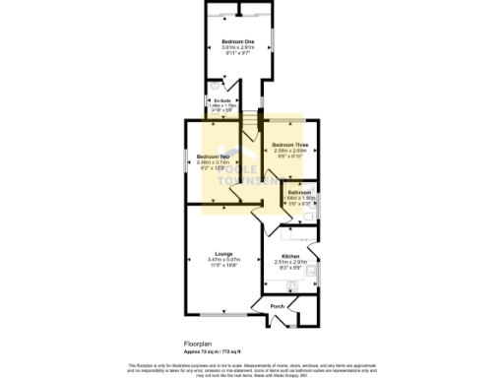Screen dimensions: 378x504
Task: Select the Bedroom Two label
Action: [212, 157]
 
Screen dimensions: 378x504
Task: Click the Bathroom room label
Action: [299, 191]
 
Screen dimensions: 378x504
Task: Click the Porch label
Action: [278, 306]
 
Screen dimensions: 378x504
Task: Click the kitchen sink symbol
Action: [315, 265]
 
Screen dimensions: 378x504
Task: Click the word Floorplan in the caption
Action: [198, 345]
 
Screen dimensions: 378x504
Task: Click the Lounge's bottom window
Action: [219, 314]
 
